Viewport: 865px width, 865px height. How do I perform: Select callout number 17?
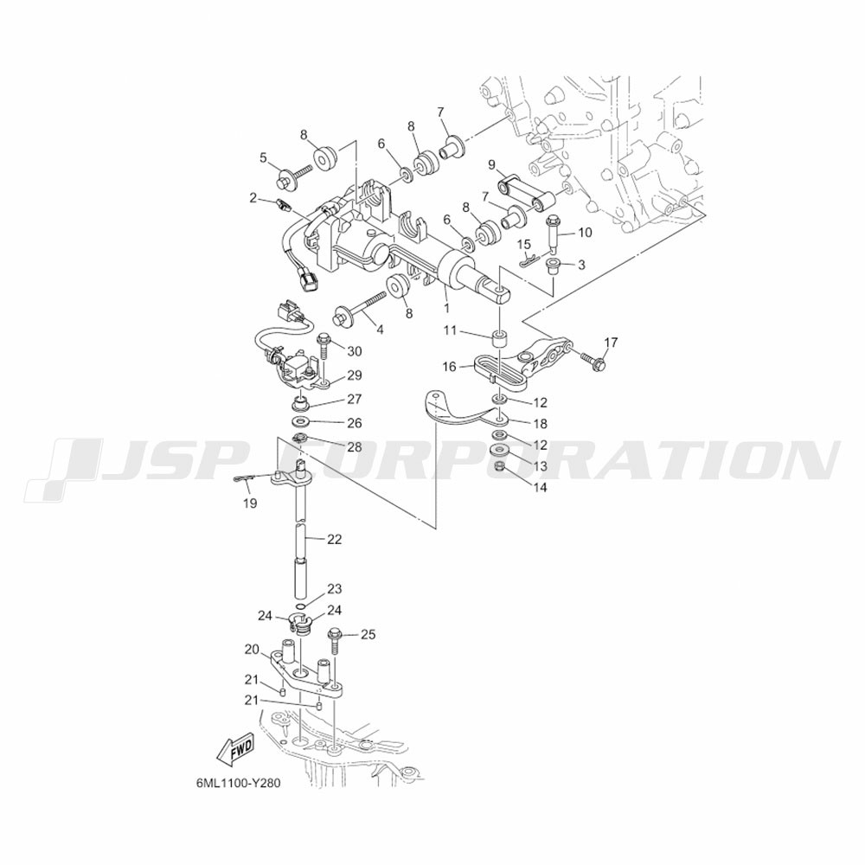611,343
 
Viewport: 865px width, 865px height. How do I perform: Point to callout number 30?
355,350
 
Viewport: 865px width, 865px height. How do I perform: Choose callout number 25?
368,635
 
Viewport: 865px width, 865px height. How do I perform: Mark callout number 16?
449,367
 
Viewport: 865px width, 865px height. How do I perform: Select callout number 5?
263,157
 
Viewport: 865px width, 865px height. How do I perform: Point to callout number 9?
490,165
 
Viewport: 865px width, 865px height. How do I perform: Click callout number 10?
585,232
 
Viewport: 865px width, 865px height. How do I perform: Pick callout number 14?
541,487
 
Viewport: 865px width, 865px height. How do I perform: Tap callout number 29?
355,375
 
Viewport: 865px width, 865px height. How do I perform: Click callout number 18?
541,424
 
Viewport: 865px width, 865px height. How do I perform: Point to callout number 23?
335,589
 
